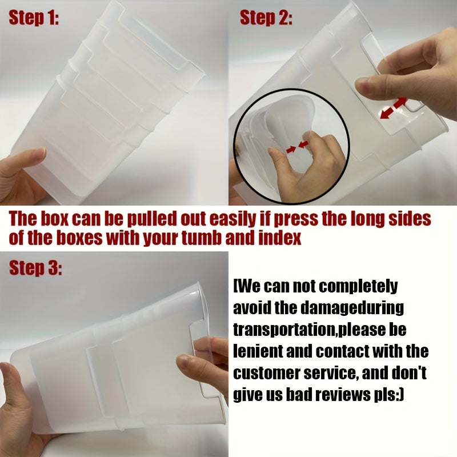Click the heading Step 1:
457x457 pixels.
[34, 18]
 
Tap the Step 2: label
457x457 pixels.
[266, 18]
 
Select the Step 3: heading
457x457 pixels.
[35, 268]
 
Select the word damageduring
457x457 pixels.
[352, 308]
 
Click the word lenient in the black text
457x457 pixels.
[258, 351]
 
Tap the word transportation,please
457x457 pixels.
[320, 330]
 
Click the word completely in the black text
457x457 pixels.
[359, 287]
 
